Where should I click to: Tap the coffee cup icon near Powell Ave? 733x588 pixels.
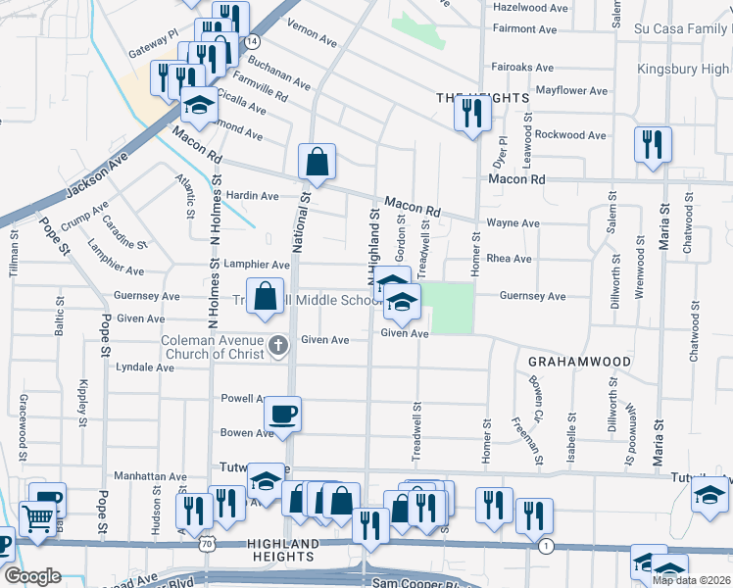(x=282, y=414)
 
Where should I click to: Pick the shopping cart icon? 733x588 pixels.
(x=36, y=517)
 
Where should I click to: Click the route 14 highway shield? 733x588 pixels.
(x=253, y=42)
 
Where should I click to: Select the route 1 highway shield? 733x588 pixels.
(x=546, y=544)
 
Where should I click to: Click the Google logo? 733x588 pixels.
(x=31, y=576)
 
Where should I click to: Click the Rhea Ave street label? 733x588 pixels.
(x=509, y=259)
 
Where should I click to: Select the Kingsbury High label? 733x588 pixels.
(x=684, y=69)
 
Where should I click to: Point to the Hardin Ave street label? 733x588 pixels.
(x=252, y=196)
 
